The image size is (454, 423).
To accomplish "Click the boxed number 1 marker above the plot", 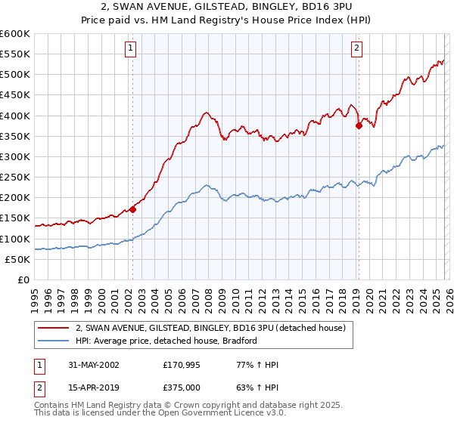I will coord(131,48).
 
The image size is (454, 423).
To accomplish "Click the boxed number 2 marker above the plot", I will coord(356,48).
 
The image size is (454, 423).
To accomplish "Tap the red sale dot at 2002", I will coord(132,210).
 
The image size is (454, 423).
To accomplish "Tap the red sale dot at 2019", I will coord(359,126).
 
